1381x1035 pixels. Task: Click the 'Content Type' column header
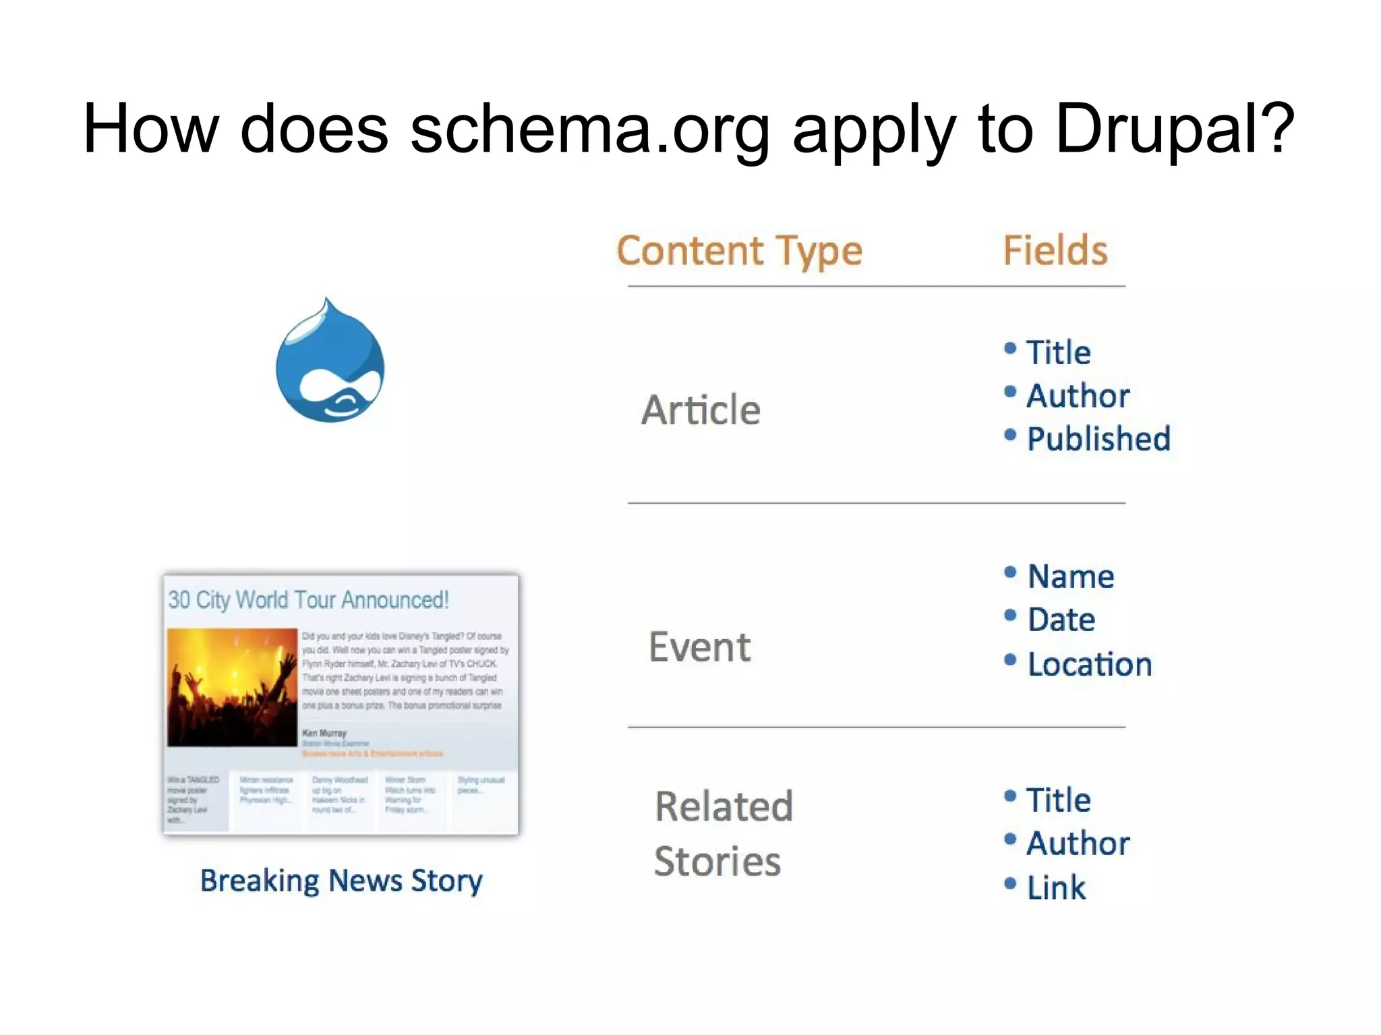[739, 251]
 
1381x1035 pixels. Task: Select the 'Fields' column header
[1055, 251]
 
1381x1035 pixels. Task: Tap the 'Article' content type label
[701, 410]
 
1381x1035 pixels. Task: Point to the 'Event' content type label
[699, 647]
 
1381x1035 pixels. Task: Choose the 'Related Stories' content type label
[723, 833]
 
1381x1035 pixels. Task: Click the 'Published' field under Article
[1098, 439]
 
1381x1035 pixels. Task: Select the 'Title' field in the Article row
[1058, 353]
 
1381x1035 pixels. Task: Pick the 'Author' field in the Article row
[1078, 396]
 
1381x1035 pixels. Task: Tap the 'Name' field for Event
[1070, 576]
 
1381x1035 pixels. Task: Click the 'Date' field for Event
[1061, 620]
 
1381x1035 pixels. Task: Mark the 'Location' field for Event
[1089, 665]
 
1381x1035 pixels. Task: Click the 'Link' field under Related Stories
[1056, 887]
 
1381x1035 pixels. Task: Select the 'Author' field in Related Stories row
[1078, 844]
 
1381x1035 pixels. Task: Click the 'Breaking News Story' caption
[341, 881]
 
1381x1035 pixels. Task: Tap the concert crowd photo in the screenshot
[232, 687]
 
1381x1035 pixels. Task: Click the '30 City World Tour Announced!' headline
[308, 599]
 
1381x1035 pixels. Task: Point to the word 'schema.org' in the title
[589, 129]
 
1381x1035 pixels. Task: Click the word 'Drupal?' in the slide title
[1174, 129]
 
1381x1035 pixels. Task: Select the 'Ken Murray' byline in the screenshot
[324, 733]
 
